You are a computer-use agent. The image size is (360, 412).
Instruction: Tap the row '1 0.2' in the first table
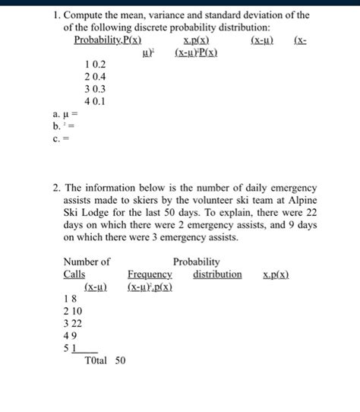tap(96, 66)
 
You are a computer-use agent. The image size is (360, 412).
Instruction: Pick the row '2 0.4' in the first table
tap(96, 78)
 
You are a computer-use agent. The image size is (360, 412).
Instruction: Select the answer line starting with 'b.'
tap(53, 125)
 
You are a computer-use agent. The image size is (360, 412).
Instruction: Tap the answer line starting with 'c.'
tap(52, 138)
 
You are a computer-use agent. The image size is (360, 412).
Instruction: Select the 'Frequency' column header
tap(150, 274)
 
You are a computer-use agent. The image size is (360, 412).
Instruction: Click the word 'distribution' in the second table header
tap(217, 274)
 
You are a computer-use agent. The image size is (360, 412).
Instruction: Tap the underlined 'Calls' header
tap(74, 274)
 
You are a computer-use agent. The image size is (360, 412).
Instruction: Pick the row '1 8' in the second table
tap(69, 299)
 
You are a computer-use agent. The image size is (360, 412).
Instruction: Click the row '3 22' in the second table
tap(72, 323)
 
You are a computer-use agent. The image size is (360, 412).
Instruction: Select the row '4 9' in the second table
tap(69, 335)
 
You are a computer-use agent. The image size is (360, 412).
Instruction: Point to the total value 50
tap(120, 360)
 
